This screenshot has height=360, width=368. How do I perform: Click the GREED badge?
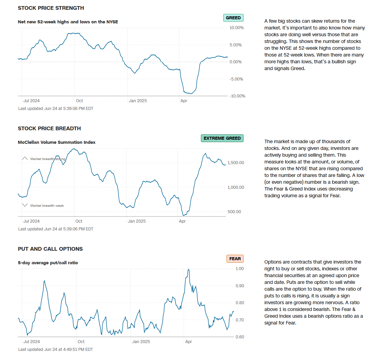(233, 18)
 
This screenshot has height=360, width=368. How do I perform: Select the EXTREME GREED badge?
(222, 138)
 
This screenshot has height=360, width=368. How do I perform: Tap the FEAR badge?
(235, 259)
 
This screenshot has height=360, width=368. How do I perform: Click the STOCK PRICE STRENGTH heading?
(51, 8)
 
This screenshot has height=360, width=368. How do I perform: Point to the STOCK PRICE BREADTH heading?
(49, 129)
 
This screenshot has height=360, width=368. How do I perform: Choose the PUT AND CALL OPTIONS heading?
(50, 249)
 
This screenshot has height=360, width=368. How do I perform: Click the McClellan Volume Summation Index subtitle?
(56, 142)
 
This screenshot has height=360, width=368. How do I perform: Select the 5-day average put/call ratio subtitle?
(48, 263)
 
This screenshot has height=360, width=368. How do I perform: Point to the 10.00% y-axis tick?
(236, 28)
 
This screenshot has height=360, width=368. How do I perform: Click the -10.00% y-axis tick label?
(237, 96)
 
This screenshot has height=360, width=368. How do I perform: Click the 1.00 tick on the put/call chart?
(239, 269)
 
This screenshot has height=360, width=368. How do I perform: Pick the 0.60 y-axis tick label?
(239, 337)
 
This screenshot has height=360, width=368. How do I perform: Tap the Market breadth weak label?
(47, 205)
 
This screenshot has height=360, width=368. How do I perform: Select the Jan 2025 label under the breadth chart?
(137, 221)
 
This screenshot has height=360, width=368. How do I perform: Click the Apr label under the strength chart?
(184, 101)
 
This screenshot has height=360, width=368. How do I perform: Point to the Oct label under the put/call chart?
(80, 342)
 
